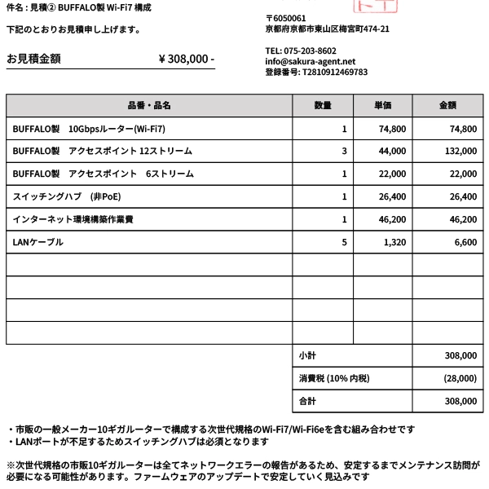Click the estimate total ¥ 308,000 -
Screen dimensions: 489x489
tap(186, 59)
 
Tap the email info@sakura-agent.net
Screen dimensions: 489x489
tap(311, 61)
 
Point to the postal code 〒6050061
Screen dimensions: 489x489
tap(286, 18)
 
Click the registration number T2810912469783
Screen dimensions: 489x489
tap(316, 72)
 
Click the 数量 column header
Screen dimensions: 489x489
tap(323, 106)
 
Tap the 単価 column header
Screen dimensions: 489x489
tap(383, 106)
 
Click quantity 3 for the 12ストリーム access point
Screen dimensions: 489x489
tap(344, 152)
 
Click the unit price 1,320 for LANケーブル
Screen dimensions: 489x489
tap(394, 242)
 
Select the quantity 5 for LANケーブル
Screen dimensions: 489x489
tap(344, 242)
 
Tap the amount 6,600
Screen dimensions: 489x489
tap(465, 242)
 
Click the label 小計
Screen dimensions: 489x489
tap(307, 356)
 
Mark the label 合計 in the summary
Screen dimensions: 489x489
tap(307, 401)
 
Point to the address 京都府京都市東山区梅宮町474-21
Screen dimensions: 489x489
tap(327, 29)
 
